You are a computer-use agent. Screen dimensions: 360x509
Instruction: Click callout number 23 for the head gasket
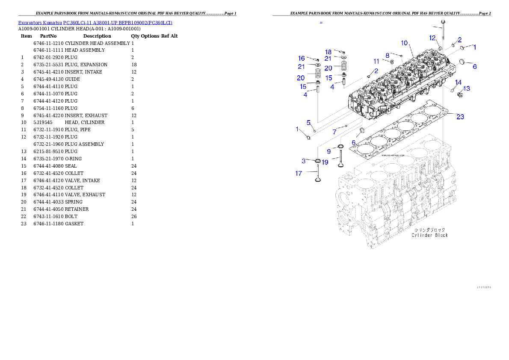pos(460,117)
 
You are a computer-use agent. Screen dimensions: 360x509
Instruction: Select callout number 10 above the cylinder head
pos(404,43)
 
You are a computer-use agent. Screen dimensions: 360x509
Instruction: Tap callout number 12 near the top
pos(432,38)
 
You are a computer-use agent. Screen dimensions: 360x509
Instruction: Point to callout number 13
pos(466,89)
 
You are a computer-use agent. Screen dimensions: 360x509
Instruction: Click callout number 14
pos(458,82)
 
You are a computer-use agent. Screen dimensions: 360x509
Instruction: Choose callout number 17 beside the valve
pos(299,173)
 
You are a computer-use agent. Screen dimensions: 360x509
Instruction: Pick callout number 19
pos(325,162)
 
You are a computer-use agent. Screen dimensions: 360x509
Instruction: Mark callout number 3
pos(304,161)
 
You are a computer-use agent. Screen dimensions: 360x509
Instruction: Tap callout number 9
pos(329,151)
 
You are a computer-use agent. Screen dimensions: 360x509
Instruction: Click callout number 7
pos(334,133)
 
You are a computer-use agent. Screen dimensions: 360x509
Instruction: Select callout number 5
pos(308,123)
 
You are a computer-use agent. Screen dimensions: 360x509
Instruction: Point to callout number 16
pos(302,58)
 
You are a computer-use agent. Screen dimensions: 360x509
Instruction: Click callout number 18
pos(328,52)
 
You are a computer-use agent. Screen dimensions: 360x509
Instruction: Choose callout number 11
pos(376,62)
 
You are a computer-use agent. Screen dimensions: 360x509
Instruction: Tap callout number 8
pos(387,55)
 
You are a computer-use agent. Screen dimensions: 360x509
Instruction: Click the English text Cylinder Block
pos(429,235)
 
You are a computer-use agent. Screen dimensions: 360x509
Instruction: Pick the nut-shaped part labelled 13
pos(459,94)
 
